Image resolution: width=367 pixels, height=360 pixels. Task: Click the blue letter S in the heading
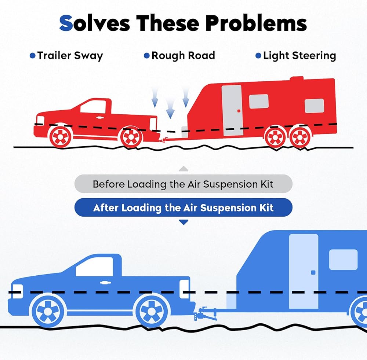coord(66,23)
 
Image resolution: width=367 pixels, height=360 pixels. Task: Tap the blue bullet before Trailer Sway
coord(33,56)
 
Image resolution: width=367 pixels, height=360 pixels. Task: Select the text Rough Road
coord(183,56)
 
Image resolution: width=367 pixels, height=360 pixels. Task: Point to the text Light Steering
coord(299,56)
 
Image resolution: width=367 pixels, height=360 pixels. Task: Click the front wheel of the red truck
coord(60,136)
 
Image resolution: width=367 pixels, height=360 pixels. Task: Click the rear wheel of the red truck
coord(131,137)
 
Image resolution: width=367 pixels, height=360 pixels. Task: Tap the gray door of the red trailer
coord(232,110)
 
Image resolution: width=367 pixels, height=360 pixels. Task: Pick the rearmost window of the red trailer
coord(315,106)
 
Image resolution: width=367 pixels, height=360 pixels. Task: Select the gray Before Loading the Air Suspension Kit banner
coord(183,184)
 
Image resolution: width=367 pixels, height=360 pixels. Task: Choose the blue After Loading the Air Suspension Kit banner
coord(183,207)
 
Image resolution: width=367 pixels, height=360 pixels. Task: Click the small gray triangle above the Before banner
coord(183,169)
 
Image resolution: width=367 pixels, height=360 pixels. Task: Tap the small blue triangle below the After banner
coord(183,222)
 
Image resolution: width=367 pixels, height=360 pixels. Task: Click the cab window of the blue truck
coord(95,267)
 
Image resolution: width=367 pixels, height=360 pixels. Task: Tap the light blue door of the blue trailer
coord(304,271)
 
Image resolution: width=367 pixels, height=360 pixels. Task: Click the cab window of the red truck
coord(93,107)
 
